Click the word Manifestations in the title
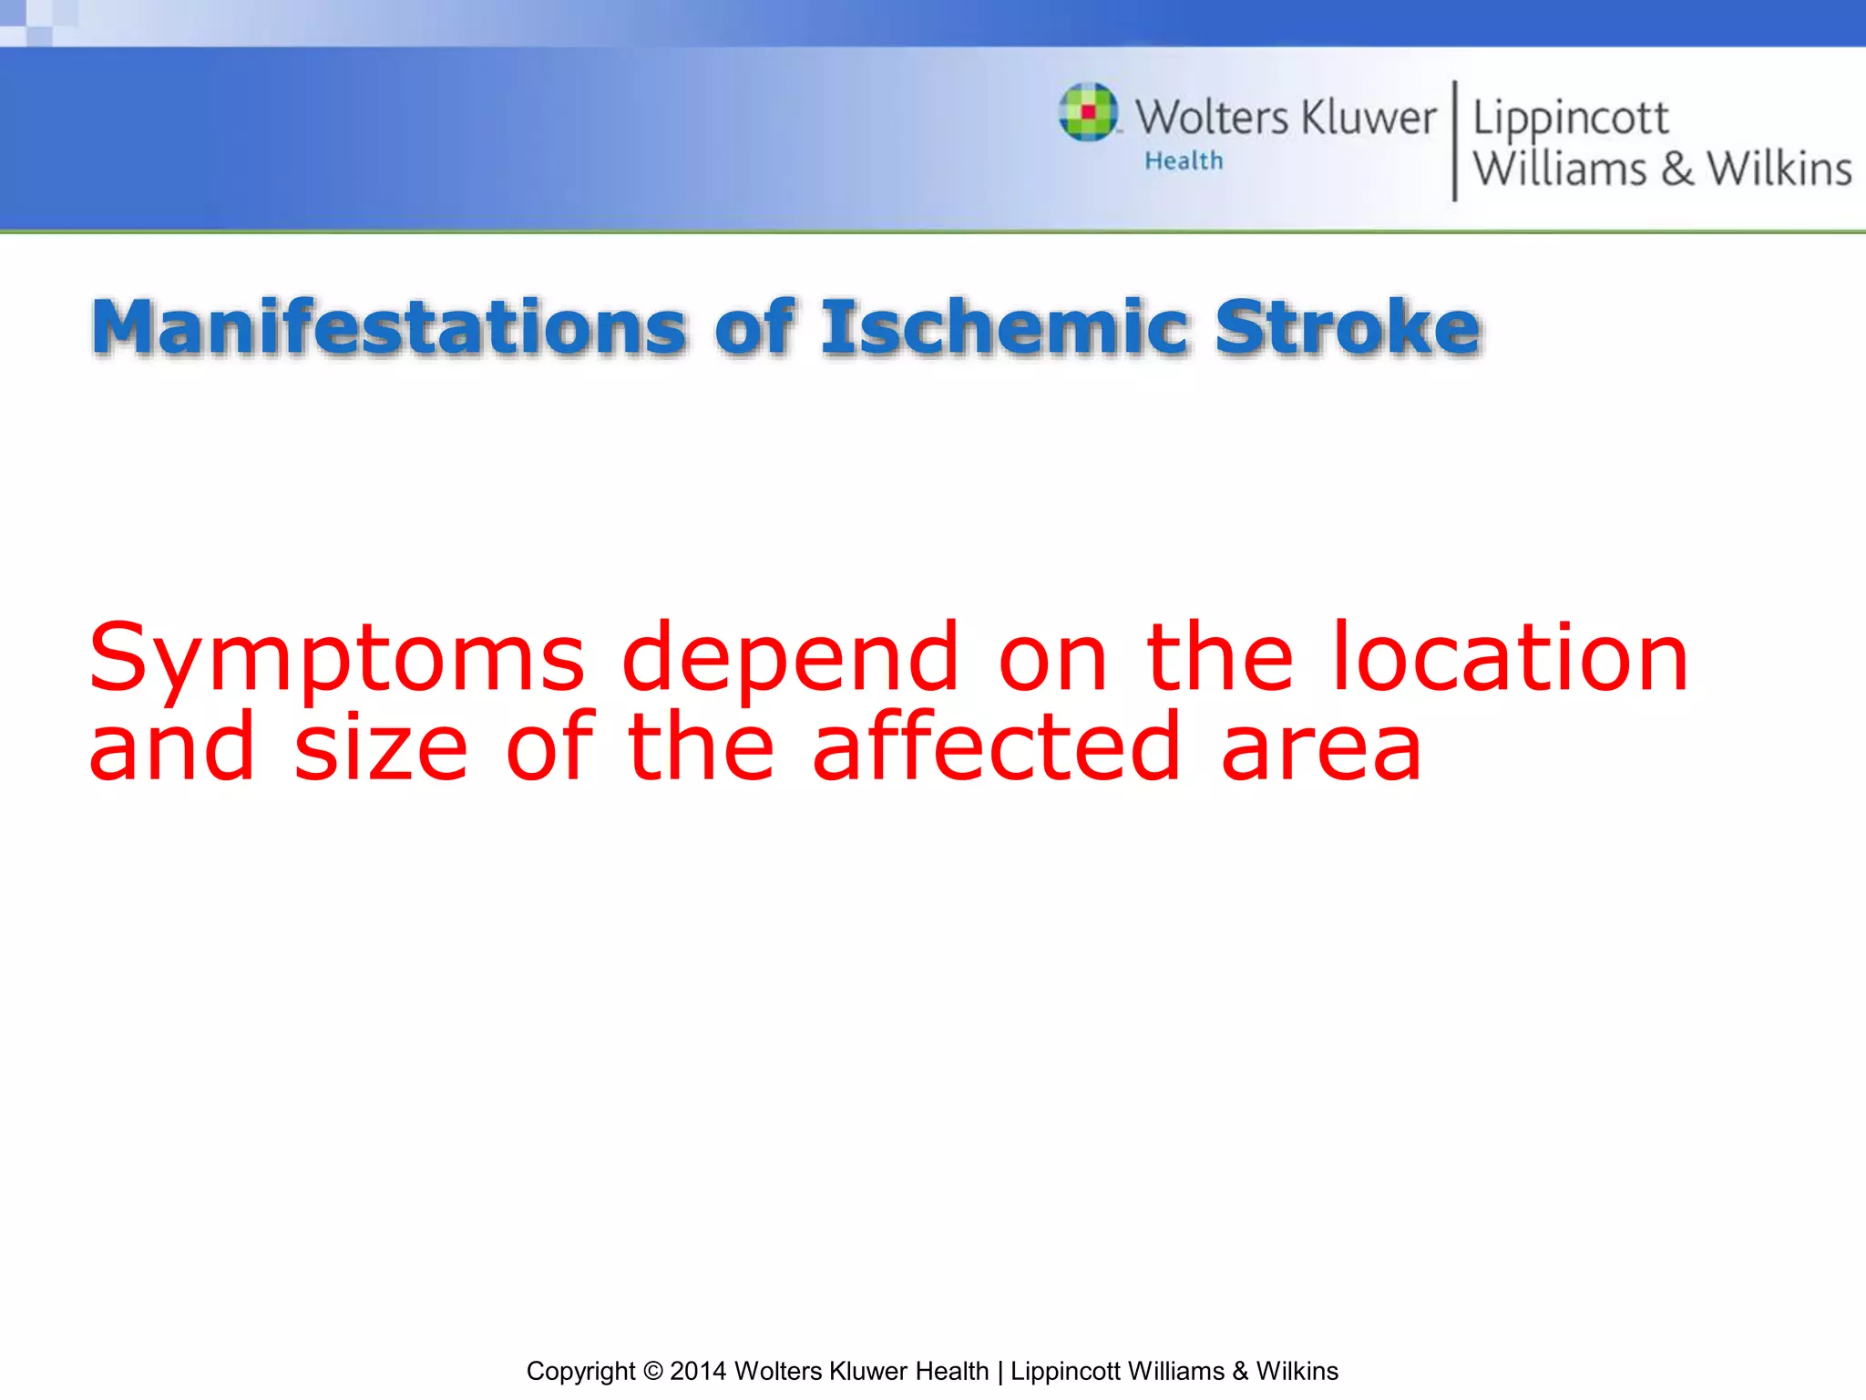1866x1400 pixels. point(388,327)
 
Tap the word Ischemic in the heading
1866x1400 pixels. point(1004,327)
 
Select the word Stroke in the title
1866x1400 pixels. point(1348,327)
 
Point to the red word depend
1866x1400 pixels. point(790,658)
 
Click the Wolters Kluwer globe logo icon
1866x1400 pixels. point(1088,112)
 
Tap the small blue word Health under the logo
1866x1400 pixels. point(1184,161)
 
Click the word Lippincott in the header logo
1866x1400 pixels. point(1570,119)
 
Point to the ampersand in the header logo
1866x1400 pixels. point(1676,170)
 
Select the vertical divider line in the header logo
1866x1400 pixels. point(1454,140)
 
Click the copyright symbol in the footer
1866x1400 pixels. point(652,1371)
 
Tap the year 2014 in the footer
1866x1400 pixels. point(698,1371)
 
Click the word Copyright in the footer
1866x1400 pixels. point(580,1372)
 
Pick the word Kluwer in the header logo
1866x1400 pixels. point(1369,118)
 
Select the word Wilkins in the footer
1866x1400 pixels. point(1297,1371)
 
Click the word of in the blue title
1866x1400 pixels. point(754,327)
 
